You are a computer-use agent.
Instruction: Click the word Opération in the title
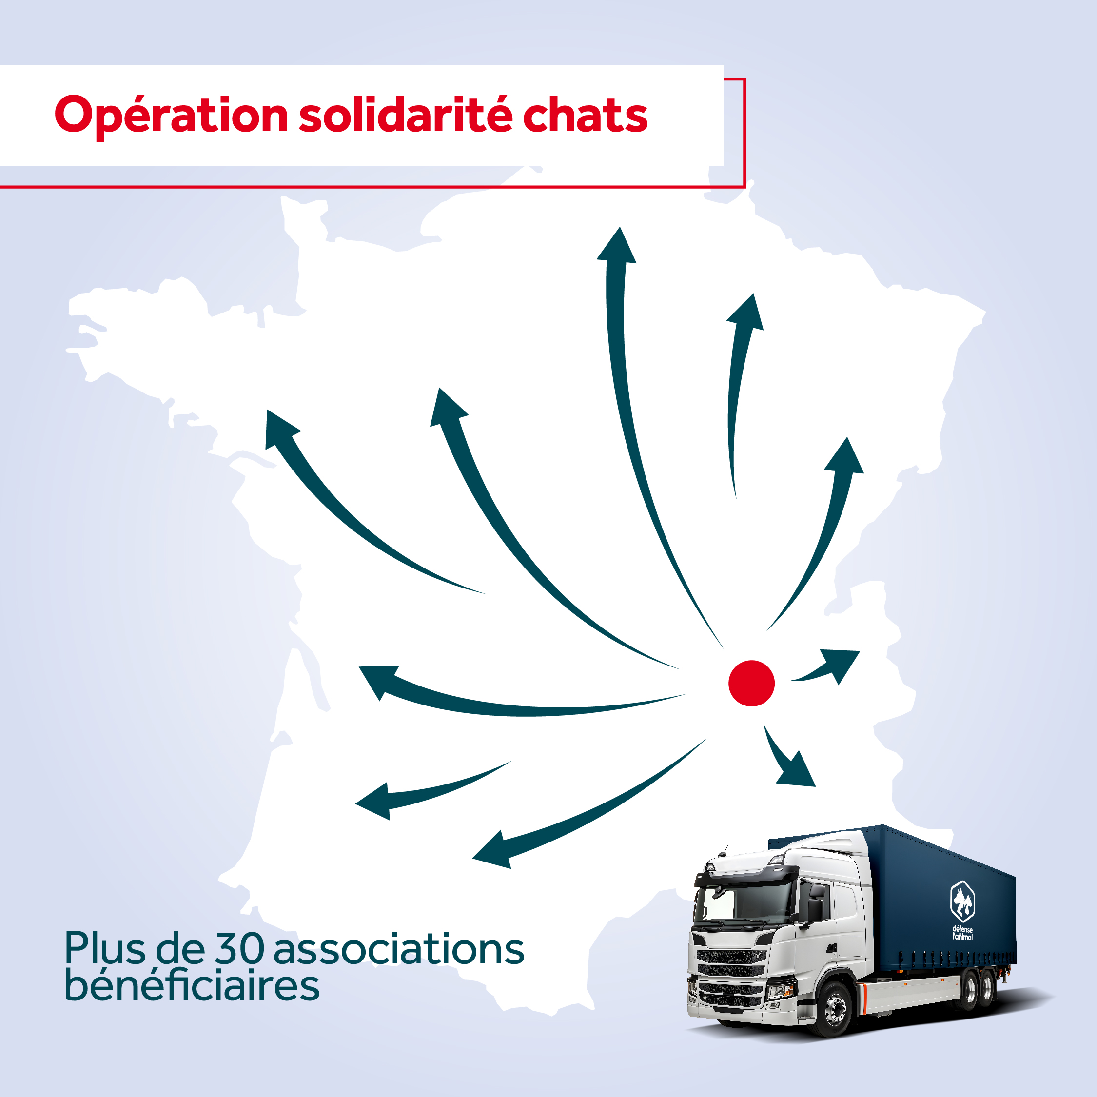point(172,117)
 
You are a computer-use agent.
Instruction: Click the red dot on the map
point(751,683)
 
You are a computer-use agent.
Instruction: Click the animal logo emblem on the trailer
point(962,901)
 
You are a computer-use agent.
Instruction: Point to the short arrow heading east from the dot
point(826,666)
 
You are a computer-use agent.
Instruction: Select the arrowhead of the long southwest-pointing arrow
point(493,851)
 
